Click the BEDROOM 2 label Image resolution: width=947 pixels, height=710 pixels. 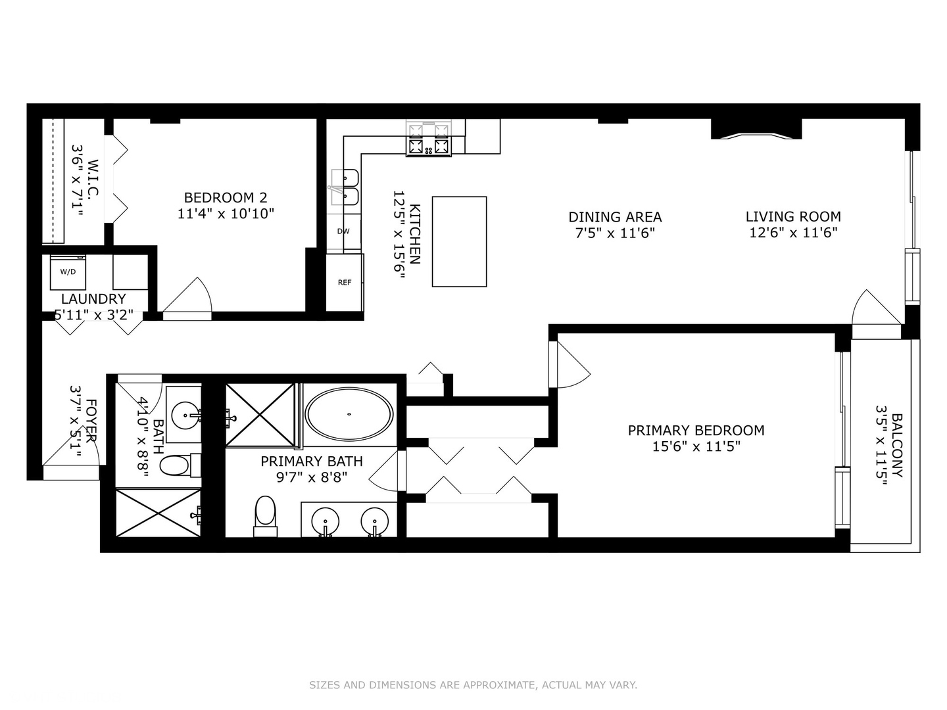click(x=225, y=197)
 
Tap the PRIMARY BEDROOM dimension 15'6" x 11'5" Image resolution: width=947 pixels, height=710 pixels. click(x=696, y=447)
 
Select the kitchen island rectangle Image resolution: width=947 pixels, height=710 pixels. click(x=459, y=241)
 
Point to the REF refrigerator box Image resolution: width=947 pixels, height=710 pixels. click(x=345, y=283)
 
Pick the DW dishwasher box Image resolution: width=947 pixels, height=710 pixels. click(x=343, y=231)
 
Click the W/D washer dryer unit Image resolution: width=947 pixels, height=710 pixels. click(x=68, y=272)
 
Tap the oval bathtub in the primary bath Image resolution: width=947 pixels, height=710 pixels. click(x=349, y=414)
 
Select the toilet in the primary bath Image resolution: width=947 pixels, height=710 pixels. click(x=265, y=513)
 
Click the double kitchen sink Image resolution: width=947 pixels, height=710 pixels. click(x=345, y=187)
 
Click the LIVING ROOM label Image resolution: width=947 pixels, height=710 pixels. click(x=793, y=216)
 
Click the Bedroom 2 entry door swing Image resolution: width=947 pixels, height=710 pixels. click(x=189, y=298)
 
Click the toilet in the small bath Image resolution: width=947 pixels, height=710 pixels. click(x=176, y=466)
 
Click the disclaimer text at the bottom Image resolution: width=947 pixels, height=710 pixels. click(x=473, y=685)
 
